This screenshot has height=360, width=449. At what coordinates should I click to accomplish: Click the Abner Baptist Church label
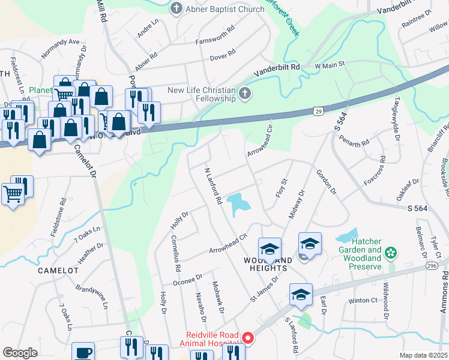[x=226, y=9]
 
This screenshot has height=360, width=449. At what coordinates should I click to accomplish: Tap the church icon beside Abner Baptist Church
[x=176, y=8]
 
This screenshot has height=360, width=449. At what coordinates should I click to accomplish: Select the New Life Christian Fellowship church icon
[x=244, y=93]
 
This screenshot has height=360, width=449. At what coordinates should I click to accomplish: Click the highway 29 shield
[x=318, y=111]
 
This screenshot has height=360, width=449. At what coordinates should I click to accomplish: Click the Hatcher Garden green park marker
[x=391, y=253]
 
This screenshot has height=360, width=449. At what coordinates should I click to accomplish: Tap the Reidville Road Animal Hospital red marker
[x=248, y=338]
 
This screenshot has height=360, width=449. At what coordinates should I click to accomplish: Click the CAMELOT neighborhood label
[x=58, y=271]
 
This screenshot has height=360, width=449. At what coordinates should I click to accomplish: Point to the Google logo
[x=20, y=353]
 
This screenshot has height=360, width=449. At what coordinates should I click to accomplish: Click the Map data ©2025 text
[x=423, y=355]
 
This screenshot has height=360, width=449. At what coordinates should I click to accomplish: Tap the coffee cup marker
[x=83, y=352]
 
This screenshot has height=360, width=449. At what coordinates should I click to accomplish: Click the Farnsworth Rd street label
[x=220, y=41]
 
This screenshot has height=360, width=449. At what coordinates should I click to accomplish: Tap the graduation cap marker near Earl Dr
[x=301, y=295]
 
